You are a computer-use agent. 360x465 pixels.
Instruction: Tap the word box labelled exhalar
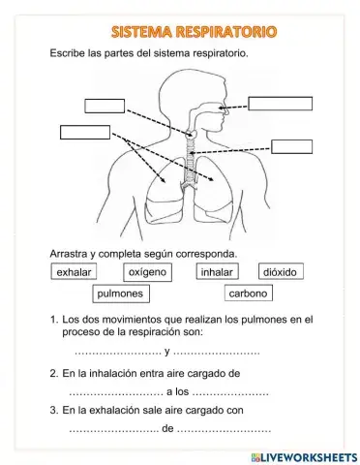75,273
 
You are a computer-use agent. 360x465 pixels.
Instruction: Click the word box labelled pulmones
120,294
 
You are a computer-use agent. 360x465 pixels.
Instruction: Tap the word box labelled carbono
249,294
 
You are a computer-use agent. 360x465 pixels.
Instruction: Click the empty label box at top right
280,105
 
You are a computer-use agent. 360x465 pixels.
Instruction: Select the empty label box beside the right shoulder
291,147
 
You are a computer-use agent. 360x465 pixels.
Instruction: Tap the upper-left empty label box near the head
105,107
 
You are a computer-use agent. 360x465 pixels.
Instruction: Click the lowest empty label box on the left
85,132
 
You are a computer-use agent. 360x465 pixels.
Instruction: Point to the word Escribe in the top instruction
69,54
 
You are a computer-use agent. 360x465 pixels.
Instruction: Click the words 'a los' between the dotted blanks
177,391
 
